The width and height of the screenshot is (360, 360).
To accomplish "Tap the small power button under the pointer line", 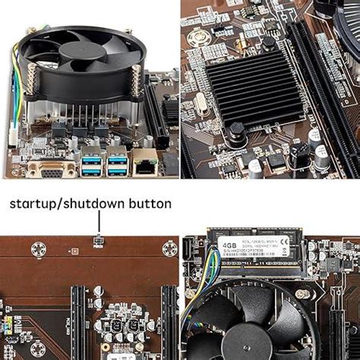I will (98, 241).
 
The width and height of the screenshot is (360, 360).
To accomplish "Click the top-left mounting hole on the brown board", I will (39, 249).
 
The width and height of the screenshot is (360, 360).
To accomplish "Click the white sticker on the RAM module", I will (258, 247).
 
